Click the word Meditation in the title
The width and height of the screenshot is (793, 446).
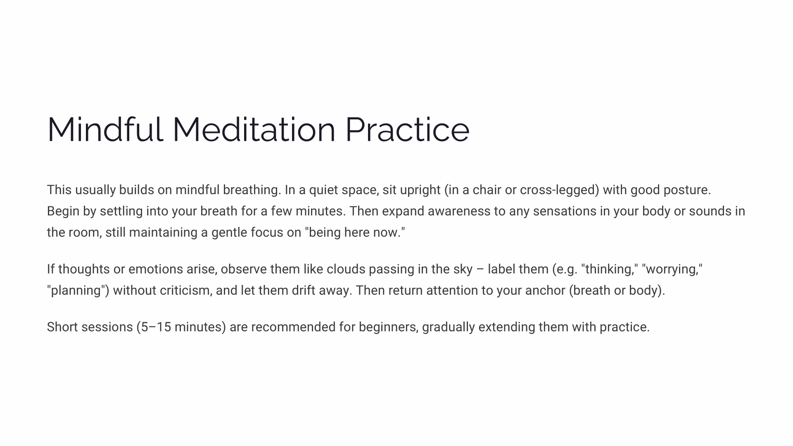[254, 130]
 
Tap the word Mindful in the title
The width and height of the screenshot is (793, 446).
[105, 130]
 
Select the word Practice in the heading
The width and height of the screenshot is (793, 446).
[407, 130]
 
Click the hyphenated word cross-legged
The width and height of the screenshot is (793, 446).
[560, 190]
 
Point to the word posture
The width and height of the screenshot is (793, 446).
[687, 190]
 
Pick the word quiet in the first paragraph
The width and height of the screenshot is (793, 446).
[323, 190]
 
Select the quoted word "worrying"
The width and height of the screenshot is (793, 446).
[672, 269]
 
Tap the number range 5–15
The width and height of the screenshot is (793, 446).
[156, 327]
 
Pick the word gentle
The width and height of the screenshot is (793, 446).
[229, 232]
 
